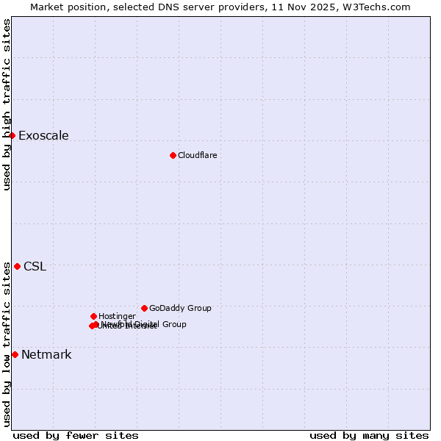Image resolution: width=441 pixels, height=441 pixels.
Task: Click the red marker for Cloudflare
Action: click(173, 155)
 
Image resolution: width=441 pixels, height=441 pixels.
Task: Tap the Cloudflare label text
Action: click(197, 156)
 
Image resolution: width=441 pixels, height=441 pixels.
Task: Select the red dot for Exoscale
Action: click(12, 135)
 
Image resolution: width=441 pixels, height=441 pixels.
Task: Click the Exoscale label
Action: click(43, 136)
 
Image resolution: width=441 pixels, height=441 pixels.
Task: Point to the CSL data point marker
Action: click(17, 266)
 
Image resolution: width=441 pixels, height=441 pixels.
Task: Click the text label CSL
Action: click(35, 267)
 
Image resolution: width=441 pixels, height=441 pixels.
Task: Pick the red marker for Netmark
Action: click(15, 354)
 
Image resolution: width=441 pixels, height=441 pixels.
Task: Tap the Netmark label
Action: click(46, 355)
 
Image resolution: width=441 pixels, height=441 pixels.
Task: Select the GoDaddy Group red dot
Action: click(144, 308)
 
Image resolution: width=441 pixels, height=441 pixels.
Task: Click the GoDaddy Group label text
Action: click(180, 309)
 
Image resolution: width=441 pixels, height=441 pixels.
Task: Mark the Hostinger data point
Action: click(93, 316)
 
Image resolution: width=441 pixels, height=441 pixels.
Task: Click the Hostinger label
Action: click(117, 317)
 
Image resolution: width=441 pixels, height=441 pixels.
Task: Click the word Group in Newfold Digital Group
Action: click(173, 324)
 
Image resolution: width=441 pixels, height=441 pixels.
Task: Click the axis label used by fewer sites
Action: click(76, 436)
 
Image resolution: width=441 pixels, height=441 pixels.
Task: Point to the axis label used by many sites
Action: click(369, 436)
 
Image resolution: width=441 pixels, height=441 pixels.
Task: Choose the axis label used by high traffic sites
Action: click(7, 105)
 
